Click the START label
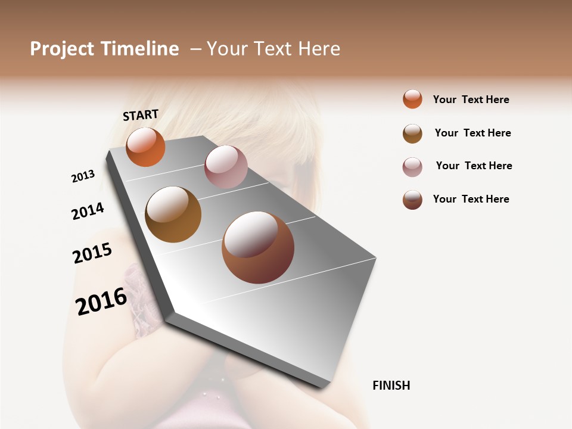(x=141, y=115)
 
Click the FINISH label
(x=391, y=386)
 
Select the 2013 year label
(x=83, y=176)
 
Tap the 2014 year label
(x=88, y=212)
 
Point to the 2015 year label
(x=92, y=253)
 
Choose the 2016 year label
(x=101, y=301)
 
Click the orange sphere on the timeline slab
(x=145, y=147)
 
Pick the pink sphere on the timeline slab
(x=226, y=167)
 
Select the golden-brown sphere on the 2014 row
(x=173, y=214)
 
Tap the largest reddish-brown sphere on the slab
(x=258, y=247)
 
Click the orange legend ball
(x=412, y=99)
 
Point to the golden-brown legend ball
(x=412, y=133)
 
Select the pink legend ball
(x=412, y=167)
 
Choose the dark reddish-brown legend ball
(x=412, y=200)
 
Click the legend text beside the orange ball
(x=471, y=100)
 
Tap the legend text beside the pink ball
(x=474, y=166)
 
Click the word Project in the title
(x=63, y=49)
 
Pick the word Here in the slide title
(x=319, y=49)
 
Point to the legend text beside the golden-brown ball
(x=472, y=133)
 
